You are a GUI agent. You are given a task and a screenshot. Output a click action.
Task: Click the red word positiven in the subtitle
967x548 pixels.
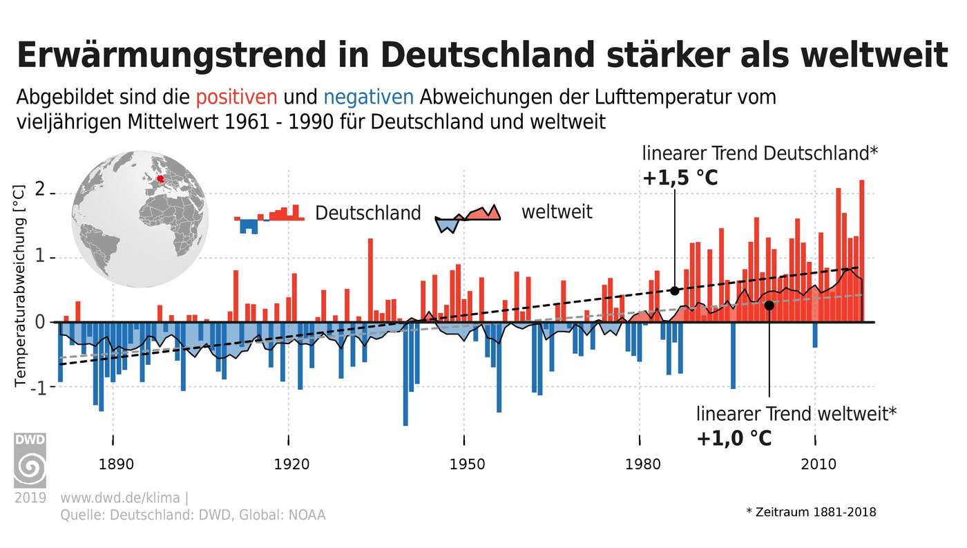[236, 97]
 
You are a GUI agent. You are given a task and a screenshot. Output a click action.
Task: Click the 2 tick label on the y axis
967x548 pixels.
[39, 191]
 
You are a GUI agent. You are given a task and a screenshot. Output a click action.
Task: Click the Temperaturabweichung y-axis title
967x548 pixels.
[20, 285]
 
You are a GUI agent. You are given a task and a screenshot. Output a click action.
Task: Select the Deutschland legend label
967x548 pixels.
[367, 213]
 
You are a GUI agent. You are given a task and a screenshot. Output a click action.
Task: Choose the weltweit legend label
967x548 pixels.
[556, 211]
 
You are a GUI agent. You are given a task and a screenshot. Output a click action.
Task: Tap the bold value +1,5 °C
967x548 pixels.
[680, 178]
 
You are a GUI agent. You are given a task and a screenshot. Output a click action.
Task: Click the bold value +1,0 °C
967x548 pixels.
[733, 439]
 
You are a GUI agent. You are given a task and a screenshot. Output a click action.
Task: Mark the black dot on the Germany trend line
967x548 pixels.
[675, 291]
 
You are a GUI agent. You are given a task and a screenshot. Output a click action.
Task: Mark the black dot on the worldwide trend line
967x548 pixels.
[769, 305]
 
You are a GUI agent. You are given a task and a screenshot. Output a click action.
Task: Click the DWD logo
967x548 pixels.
[30, 461]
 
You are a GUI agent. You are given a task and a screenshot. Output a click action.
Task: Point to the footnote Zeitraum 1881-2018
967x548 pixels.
[811, 512]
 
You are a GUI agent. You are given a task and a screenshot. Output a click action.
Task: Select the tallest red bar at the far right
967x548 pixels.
[862, 250]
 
